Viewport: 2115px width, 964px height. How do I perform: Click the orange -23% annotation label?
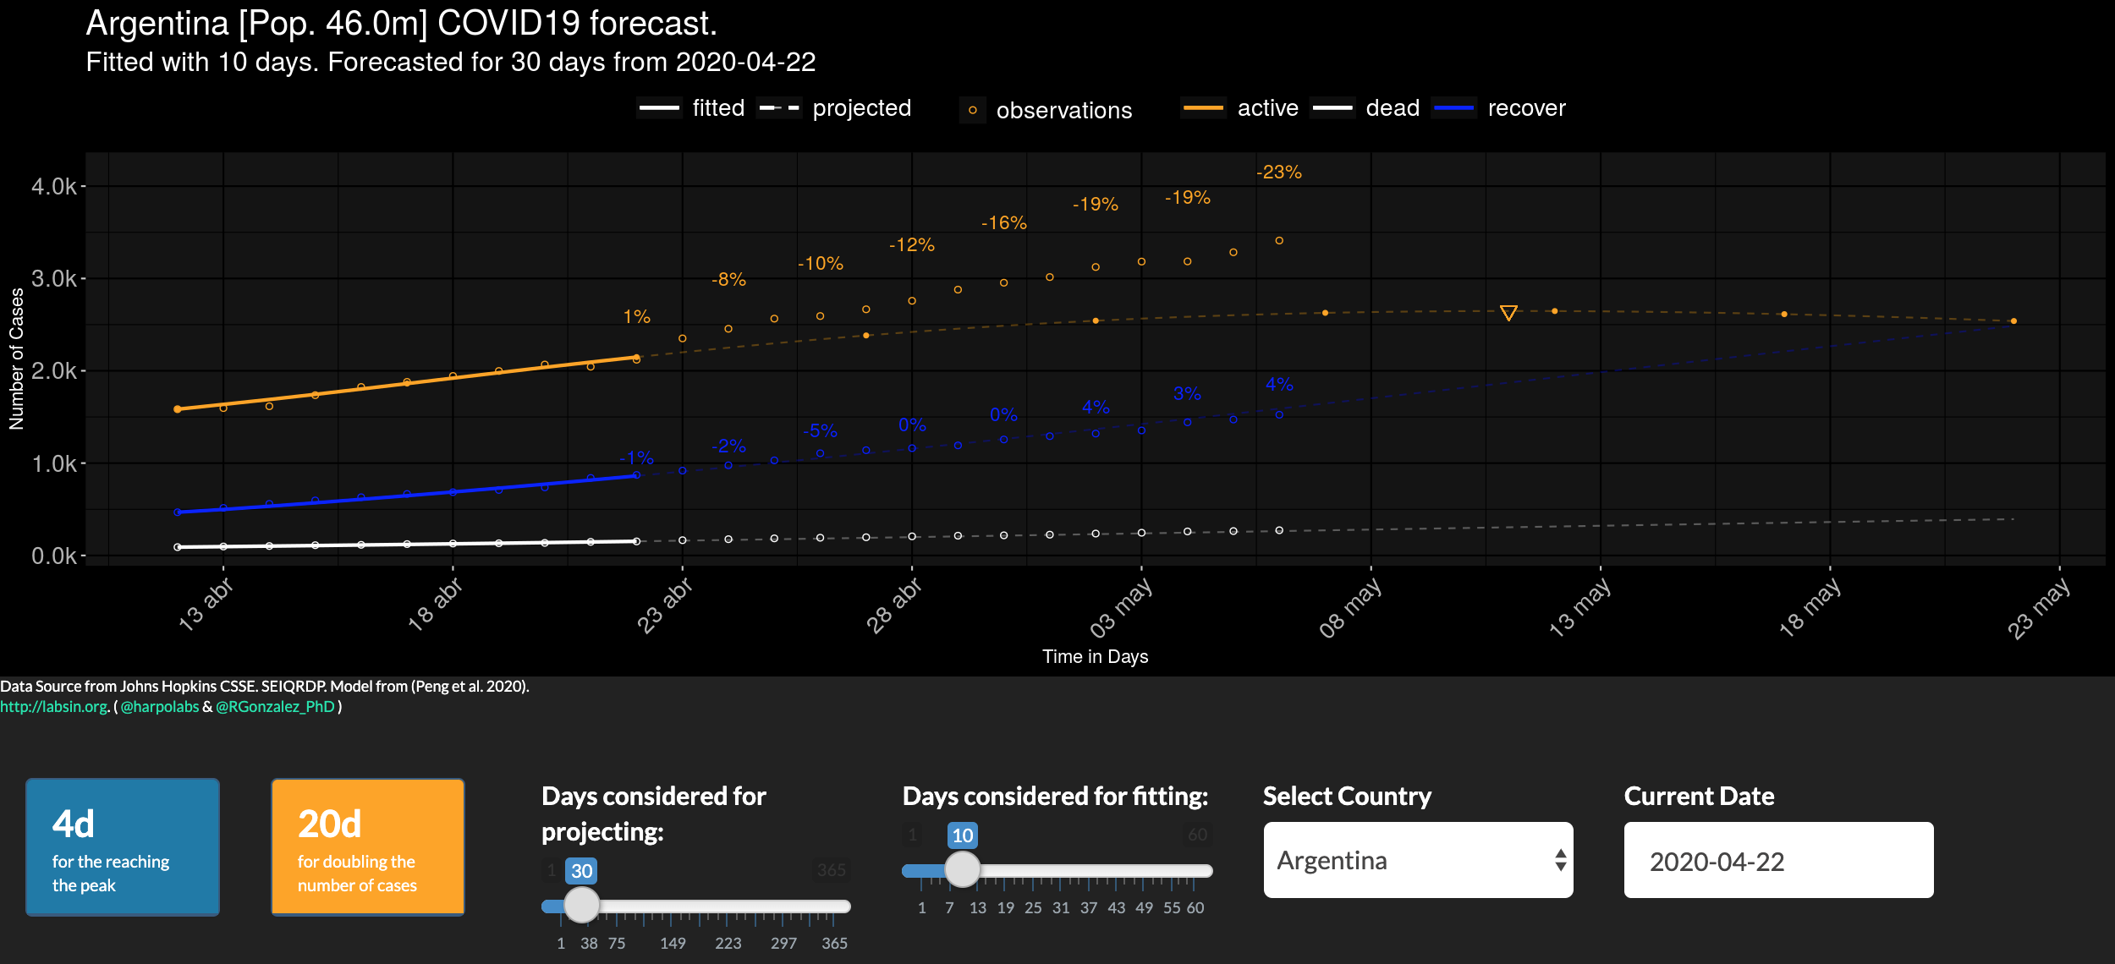(x=1278, y=173)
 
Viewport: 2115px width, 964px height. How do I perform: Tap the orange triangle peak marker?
(x=1508, y=313)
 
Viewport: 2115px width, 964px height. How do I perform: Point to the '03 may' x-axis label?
(x=1120, y=608)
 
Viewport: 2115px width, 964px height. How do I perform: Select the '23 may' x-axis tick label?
(x=2038, y=608)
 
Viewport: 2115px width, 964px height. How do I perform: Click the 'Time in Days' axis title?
(x=1095, y=657)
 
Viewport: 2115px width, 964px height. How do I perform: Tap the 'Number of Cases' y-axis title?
(x=17, y=359)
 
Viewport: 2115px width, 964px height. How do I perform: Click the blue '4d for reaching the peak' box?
(x=123, y=846)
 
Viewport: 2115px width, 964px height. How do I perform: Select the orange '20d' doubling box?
(x=368, y=846)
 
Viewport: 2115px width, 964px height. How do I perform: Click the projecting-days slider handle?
(x=581, y=905)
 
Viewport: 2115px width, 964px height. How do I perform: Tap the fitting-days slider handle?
(x=962, y=868)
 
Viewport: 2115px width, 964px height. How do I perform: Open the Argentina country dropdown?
(x=1418, y=860)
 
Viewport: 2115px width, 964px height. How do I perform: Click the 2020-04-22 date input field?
(x=1778, y=861)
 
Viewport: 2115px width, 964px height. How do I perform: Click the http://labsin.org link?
(x=54, y=707)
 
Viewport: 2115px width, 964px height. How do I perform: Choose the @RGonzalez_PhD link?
(x=275, y=707)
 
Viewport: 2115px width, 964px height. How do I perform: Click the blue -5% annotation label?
(x=820, y=431)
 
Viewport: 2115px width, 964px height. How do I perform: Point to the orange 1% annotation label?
(x=636, y=317)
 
